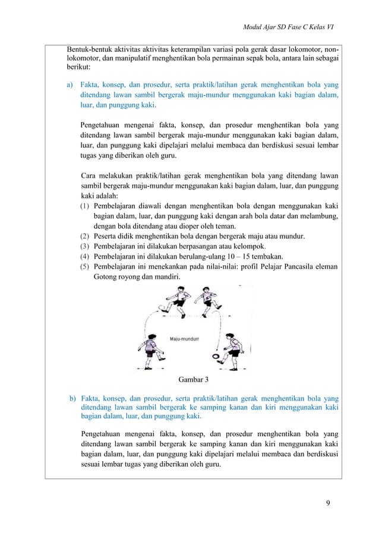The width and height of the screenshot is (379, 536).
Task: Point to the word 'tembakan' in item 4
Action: coord(264,256)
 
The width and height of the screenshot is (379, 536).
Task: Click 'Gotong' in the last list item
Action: coord(107,276)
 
